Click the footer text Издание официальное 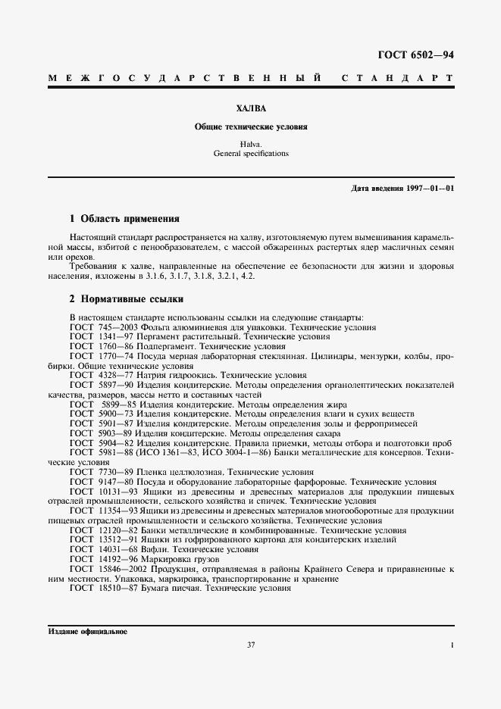[87, 632]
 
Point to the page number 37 [251, 645]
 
